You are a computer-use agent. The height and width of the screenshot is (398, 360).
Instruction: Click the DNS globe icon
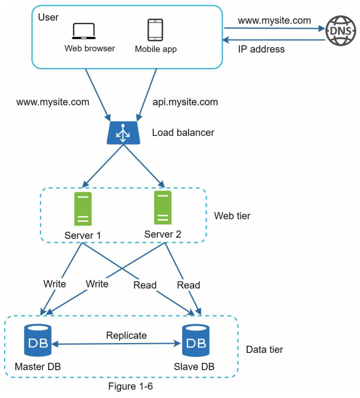tap(341, 30)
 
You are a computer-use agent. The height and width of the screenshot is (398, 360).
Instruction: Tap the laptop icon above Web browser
tap(84, 31)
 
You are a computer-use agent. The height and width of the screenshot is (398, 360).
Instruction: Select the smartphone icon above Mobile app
tap(155, 30)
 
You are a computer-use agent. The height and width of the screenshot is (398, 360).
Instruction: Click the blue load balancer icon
tap(123, 133)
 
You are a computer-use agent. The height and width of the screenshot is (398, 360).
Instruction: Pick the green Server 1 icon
tap(83, 209)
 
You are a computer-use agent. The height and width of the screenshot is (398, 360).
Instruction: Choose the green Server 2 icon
tap(163, 208)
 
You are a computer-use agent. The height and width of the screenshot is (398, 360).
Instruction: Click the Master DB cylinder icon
tap(38, 340)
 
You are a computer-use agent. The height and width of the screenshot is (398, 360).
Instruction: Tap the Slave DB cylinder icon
tap(196, 340)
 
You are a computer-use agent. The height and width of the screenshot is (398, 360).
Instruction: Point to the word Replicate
tap(126, 335)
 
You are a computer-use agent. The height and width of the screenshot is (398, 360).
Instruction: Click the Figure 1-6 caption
tap(131, 386)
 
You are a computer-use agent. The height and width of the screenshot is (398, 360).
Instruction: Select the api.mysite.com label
tap(185, 102)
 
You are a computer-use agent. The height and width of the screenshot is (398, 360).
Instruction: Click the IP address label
tap(261, 49)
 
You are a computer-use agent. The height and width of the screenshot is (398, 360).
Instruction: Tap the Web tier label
tap(232, 216)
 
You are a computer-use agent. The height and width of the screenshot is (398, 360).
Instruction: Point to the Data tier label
tap(264, 350)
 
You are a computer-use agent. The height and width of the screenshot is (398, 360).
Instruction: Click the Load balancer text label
tap(183, 132)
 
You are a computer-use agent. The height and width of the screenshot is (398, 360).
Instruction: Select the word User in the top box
tap(48, 17)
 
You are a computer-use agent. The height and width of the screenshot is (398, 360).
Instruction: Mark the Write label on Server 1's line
tap(54, 284)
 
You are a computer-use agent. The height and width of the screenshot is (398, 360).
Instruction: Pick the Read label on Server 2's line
tap(188, 285)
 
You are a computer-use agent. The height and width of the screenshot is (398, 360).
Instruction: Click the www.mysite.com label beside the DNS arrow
tap(275, 20)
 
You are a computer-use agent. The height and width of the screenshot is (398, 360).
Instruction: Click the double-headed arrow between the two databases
tap(116, 344)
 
